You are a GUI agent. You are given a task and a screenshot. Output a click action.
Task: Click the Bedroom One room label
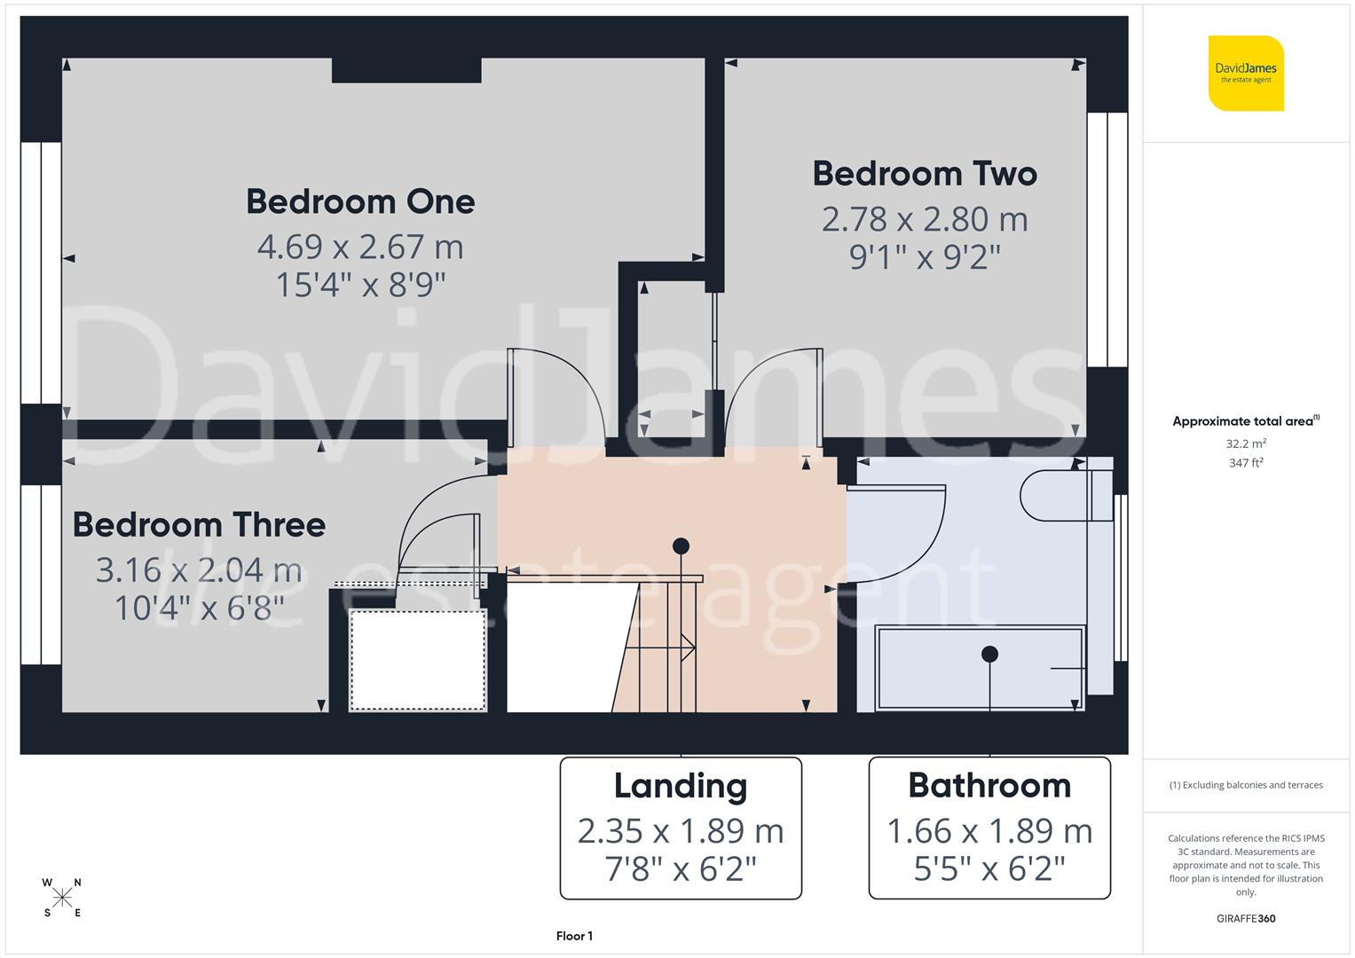point(360,201)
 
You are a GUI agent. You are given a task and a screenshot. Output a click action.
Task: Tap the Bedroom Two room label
point(925,173)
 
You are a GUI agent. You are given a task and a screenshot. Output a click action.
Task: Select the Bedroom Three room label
point(199,524)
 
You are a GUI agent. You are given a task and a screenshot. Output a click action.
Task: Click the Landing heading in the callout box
point(681,785)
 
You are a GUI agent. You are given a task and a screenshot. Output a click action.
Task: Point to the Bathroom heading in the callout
point(989,785)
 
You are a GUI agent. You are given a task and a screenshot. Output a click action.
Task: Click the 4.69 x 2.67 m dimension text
point(360,247)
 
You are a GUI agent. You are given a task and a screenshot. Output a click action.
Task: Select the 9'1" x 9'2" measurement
point(925,257)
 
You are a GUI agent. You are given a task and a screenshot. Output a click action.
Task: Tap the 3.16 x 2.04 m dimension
point(199,570)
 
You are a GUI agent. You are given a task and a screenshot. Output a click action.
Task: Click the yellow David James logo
point(1246,73)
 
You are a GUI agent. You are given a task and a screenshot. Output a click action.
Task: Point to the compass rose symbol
point(62,898)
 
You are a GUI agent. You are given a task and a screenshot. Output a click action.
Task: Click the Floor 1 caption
point(574,936)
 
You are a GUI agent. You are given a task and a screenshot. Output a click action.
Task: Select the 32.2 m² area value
point(1246,444)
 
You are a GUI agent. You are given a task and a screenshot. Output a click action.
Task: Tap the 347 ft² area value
point(1246,462)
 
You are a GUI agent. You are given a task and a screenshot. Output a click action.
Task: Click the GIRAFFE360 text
point(1246,918)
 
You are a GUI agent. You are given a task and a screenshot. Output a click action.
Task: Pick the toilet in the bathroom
point(1056,494)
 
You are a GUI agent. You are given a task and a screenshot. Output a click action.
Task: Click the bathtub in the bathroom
point(980,668)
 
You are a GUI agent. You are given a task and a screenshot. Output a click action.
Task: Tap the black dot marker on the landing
point(681,546)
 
